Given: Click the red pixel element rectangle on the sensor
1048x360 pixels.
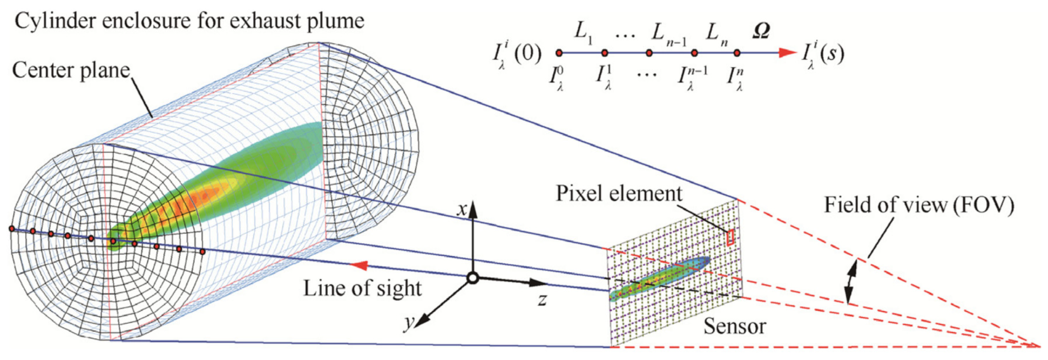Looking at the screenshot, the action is [x=731, y=238].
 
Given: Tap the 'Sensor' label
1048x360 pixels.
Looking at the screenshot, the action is [x=734, y=326].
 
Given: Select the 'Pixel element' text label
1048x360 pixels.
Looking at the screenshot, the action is [x=619, y=194].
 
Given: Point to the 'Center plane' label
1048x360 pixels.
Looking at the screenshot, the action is [x=71, y=70].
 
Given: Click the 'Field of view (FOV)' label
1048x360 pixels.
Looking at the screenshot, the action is [x=919, y=205].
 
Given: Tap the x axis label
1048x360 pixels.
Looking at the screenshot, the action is [x=462, y=209].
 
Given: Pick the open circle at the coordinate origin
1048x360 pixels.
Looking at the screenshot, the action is [x=472, y=278].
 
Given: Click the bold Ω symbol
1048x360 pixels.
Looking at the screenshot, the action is [x=761, y=31].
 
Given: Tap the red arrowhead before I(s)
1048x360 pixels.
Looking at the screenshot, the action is [x=787, y=53].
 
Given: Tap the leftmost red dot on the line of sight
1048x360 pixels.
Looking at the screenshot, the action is [x=12, y=229].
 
